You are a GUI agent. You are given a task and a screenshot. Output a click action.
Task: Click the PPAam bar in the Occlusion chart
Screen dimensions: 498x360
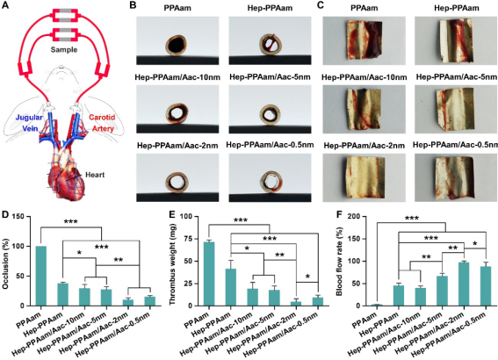(x=41, y=276)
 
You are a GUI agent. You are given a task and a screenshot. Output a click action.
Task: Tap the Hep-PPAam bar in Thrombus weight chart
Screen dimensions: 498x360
(x=231, y=287)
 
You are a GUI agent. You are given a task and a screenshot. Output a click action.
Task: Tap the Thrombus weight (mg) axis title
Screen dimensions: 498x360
(x=172, y=261)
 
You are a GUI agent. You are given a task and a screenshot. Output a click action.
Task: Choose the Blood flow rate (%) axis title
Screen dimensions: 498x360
(x=339, y=262)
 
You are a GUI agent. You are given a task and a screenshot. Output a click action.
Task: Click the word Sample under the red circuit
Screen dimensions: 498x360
(x=64, y=50)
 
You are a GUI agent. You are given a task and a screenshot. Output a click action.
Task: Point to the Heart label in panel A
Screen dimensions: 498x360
(x=95, y=175)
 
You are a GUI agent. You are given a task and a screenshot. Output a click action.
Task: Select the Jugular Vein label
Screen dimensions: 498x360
(x=30, y=123)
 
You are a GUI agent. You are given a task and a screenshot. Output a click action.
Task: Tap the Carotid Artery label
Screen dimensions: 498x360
(x=102, y=123)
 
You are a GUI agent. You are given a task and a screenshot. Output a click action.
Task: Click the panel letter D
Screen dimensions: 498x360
(x=4, y=214)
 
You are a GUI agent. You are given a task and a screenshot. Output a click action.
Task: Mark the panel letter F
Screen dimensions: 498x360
(x=340, y=214)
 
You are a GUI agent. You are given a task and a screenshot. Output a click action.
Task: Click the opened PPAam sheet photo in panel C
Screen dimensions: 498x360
(x=364, y=40)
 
